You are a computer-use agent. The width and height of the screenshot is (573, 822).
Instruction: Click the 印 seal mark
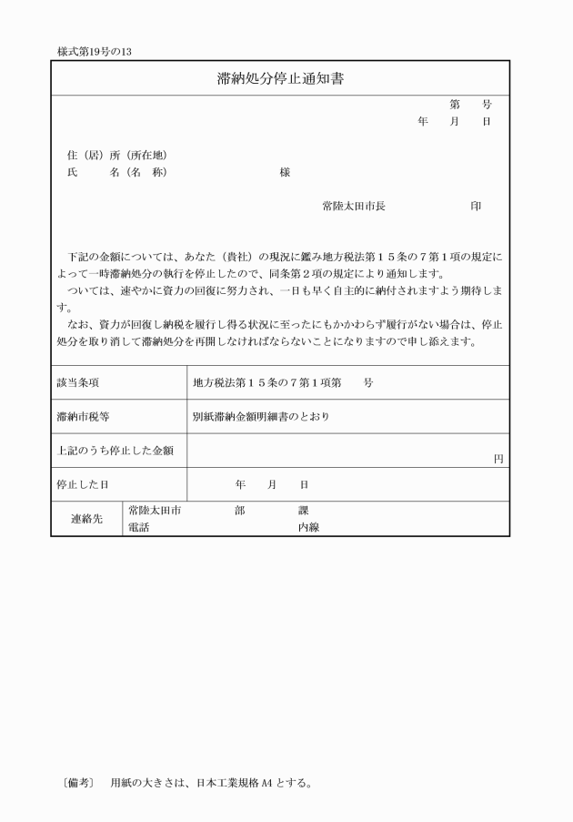(476, 207)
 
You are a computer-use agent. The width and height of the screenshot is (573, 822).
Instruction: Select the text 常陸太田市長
(354, 207)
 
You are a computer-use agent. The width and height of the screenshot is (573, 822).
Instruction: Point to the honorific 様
(286, 172)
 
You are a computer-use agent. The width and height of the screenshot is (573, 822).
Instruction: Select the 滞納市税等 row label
(83, 417)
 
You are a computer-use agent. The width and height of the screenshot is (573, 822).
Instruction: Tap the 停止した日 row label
(83, 484)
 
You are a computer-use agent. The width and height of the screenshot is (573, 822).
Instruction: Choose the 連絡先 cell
(87, 519)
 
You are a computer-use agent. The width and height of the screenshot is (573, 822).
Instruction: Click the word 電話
(139, 527)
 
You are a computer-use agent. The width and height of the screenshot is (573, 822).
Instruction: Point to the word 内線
(308, 527)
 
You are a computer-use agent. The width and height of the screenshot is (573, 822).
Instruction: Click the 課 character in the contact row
(304, 511)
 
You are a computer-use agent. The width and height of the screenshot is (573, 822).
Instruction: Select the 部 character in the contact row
(239, 511)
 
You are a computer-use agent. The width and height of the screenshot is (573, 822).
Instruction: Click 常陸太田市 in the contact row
(155, 511)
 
